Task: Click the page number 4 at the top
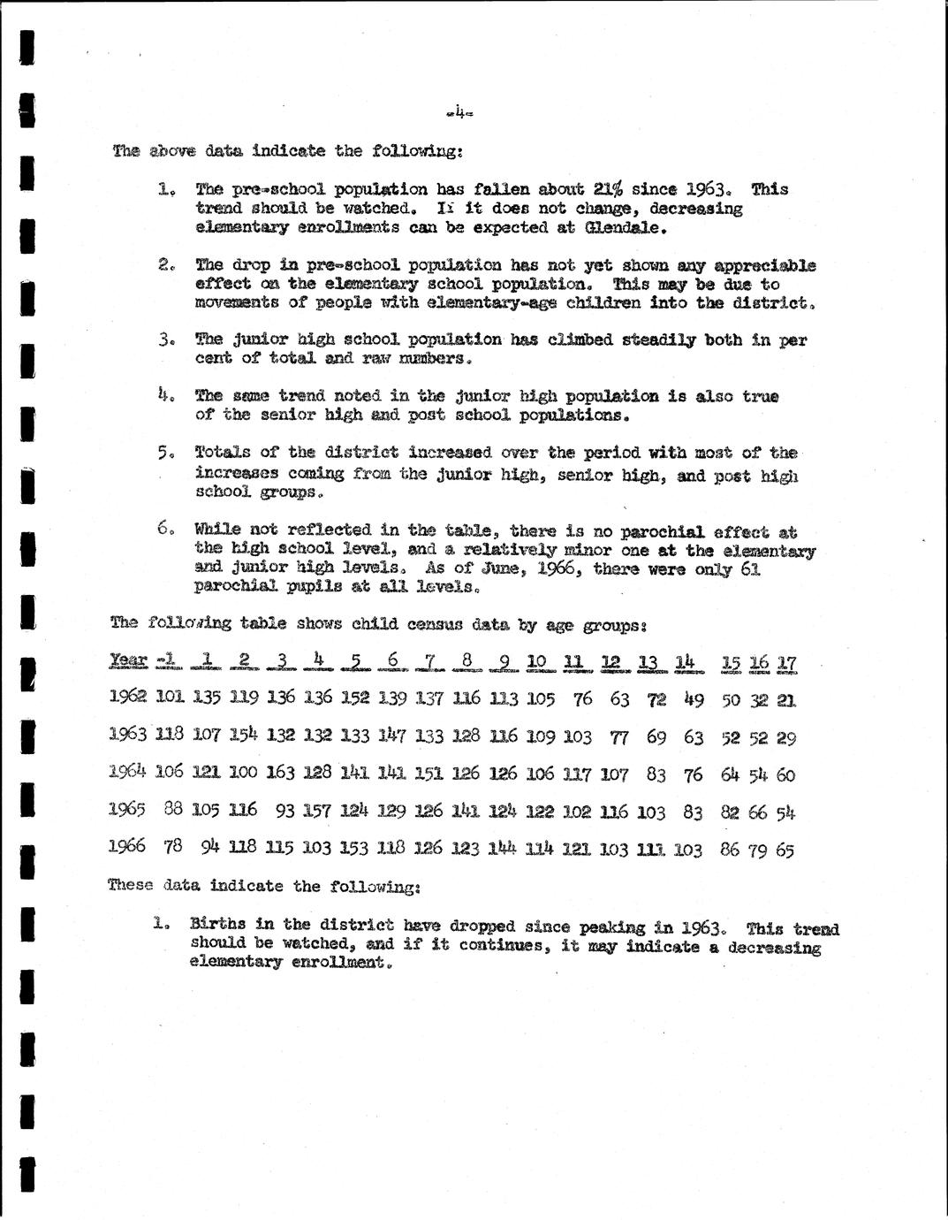tap(460, 112)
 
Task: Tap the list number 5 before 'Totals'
tap(164, 454)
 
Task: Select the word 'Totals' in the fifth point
tap(223, 453)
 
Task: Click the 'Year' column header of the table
tap(128, 661)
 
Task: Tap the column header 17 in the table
tap(786, 662)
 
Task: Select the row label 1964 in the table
tap(126, 773)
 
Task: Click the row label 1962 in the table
tap(128, 698)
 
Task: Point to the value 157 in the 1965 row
tap(317, 811)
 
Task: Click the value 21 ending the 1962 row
tap(786, 700)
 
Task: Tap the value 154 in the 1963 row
tap(243, 736)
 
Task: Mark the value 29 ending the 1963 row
tap(786, 737)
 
